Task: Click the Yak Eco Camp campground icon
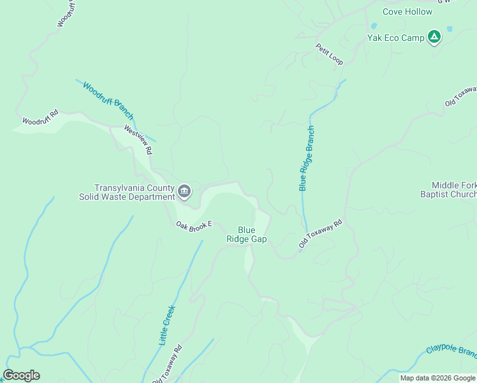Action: [x=434, y=37]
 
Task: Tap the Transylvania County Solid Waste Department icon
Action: [x=184, y=191]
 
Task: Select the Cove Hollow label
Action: [x=407, y=11]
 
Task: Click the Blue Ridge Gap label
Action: [x=247, y=234]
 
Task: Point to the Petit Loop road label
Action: [x=329, y=54]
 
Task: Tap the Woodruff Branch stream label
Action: [x=108, y=101]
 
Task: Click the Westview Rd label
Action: [x=139, y=140]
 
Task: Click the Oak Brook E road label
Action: [x=194, y=227]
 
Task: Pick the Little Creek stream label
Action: [x=166, y=325]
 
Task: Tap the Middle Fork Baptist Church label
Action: [x=453, y=190]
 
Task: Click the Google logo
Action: [x=21, y=375]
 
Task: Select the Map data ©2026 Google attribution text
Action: [x=437, y=378]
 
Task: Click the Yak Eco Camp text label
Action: [x=395, y=38]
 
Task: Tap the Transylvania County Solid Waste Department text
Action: [x=127, y=192]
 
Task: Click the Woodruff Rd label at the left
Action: [x=40, y=116]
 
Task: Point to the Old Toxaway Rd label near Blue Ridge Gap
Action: [x=321, y=234]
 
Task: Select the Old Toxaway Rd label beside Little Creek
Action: [x=167, y=364]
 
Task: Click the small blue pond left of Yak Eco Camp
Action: [x=373, y=26]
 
